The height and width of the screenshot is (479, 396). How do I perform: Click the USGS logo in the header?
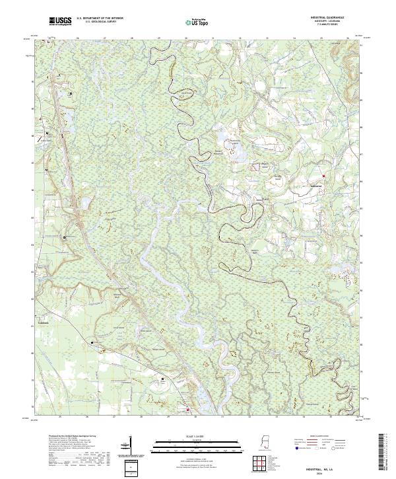(x=60, y=22)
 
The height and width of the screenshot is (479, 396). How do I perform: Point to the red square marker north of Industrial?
(x=325, y=175)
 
